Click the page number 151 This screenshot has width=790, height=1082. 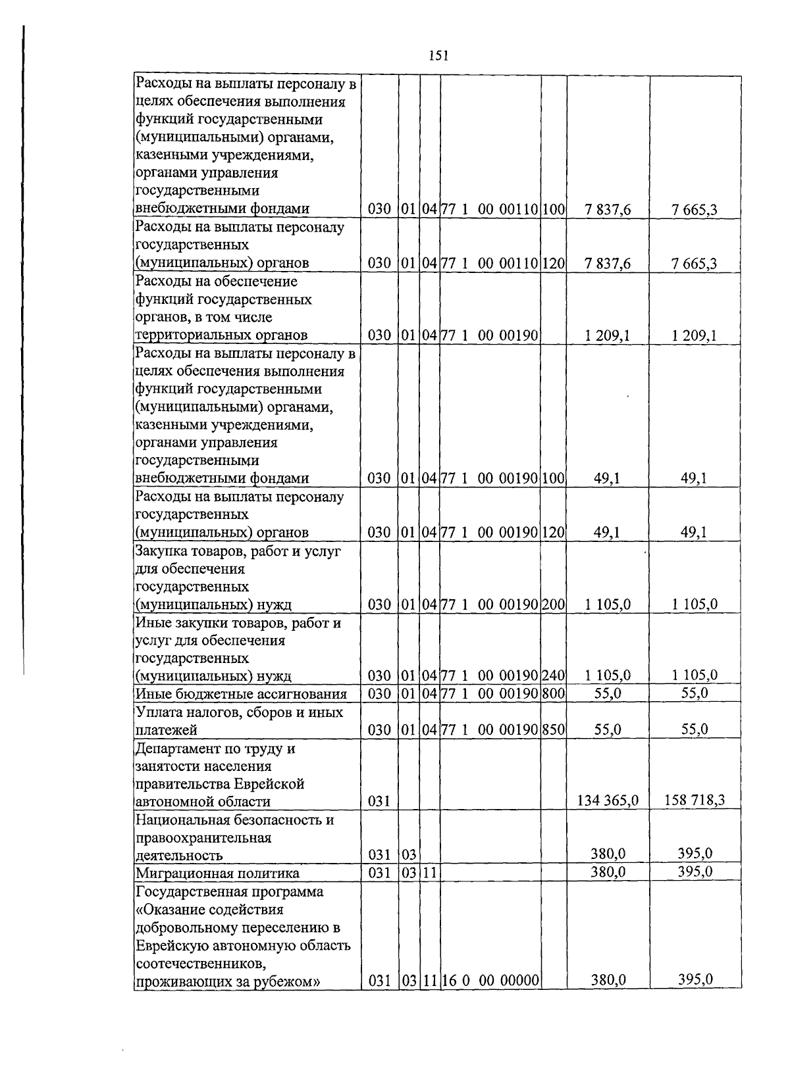tap(438, 56)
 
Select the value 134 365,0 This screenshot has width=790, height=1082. tap(608, 800)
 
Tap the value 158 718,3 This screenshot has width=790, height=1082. tap(695, 800)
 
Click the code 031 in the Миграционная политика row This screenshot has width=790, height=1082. tap(379, 873)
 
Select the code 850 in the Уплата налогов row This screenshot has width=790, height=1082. tap(554, 729)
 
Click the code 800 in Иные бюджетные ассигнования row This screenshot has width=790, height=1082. tap(554, 693)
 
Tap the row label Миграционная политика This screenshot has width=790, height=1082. tap(217, 873)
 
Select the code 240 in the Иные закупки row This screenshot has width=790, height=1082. tap(554, 676)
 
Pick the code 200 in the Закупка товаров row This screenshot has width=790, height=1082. tap(554, 604)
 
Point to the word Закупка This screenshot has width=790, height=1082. tap(161, 551)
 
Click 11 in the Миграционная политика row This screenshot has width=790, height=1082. tap(429, 873)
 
